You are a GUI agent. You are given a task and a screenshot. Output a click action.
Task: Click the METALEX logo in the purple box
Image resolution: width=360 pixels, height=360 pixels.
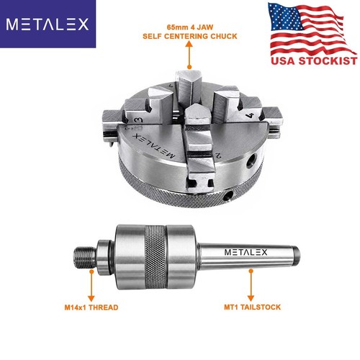pyautogui.click(x=48, y=24)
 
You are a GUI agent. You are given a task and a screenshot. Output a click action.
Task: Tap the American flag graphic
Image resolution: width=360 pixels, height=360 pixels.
pyautogui.click(x=312, y=30)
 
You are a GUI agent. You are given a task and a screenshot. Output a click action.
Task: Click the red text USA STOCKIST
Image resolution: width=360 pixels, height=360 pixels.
pyautogui.click(x=314, y=60)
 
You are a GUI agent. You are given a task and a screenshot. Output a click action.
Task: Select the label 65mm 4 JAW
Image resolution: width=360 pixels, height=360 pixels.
pyautogui.click(x=190, y=27)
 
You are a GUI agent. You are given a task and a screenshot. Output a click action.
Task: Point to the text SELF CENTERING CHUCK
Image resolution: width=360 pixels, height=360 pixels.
pyautogui.click(x=190, y=36)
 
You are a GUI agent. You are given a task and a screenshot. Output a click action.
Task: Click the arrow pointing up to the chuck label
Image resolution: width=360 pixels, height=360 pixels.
pyautogui.click(x=189, y=55)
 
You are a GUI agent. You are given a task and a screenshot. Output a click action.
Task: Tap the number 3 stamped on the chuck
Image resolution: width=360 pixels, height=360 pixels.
pyautogui.click(x=138, y=120)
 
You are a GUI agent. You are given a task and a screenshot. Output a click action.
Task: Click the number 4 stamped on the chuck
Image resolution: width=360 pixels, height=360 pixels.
pyautogui.click(x=250, y=115)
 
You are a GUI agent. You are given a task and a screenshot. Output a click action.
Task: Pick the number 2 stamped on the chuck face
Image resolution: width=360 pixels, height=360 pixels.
pyautogui.click(x=218, y=155)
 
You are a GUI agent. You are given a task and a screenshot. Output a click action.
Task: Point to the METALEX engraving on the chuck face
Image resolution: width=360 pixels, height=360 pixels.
pyautogui.click(x=153, y=146)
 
